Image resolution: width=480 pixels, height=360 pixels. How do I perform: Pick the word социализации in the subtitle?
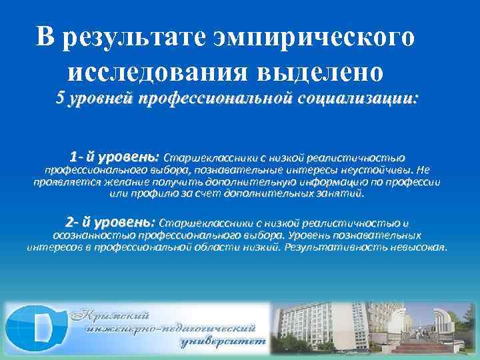pyautogui.click(x=360, y=99)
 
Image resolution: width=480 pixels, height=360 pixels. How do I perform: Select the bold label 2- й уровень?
pyautogui.click(x=110, y=222)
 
